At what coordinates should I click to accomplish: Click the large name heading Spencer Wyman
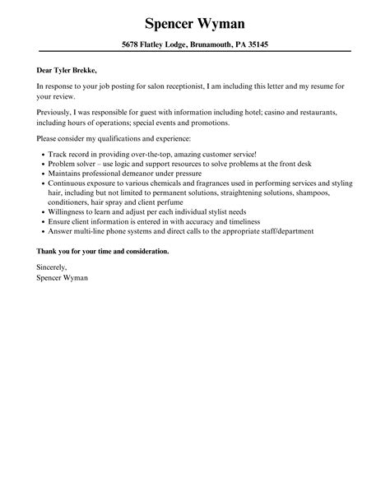coord(194,21)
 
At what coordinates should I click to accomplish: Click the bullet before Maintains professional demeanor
coord(42,174)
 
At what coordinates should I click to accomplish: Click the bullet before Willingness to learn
coord(42,212)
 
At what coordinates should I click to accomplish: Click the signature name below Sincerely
coord(63,277)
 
